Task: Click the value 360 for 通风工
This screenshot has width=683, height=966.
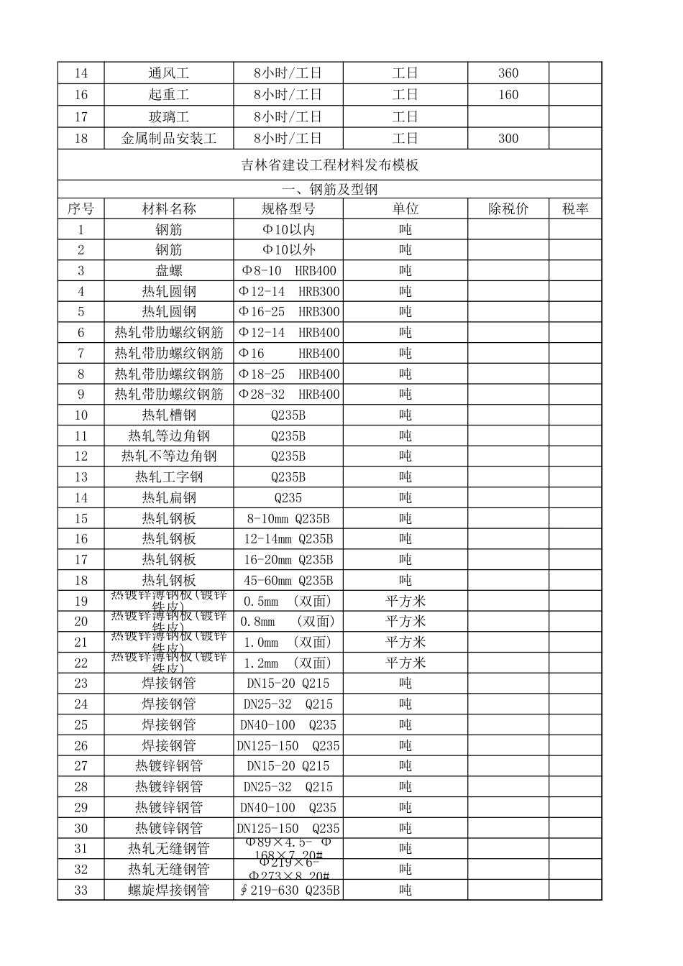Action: coord(508,73)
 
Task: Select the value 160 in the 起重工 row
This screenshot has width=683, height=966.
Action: coord(508,95)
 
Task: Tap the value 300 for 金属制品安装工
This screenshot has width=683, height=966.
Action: coord(508,139)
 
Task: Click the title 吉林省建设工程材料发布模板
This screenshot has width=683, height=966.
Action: coord(329,165)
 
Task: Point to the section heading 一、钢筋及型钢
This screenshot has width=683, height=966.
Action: coord(329,190)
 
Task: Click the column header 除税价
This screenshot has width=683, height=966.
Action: coord(508,209)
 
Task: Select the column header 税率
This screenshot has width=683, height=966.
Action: coord(575,209)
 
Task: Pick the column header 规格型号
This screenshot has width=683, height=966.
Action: coord(288,209)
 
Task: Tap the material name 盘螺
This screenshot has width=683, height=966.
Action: coord(169,271)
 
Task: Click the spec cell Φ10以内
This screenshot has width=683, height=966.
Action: coord(288,230)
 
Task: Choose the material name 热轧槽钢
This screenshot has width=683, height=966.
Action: coord(169,415)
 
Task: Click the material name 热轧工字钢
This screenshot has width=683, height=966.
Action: coord(169,477)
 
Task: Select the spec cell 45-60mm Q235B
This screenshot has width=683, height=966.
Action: coord(288,581)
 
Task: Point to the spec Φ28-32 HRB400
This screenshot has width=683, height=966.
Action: coord(288,395)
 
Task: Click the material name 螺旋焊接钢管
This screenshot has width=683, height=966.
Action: coord(169,891)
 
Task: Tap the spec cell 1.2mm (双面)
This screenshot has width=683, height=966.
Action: coord(288,663)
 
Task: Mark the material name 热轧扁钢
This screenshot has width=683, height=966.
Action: coord(169,498)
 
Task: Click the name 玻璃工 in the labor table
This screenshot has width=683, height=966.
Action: coord(169,117)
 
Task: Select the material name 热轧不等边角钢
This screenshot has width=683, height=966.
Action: coord(169,456)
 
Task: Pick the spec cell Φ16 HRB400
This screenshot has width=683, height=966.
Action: coord(288,354)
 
